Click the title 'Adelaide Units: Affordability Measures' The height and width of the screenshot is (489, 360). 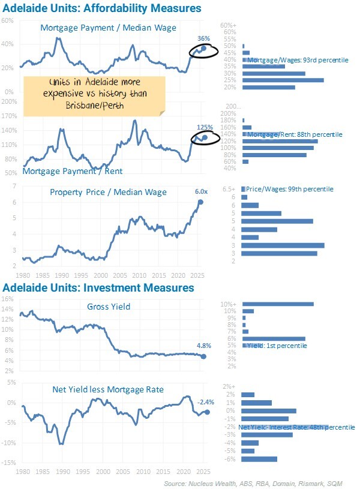pos(102,8)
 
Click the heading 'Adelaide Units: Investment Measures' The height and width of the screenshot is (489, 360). pos(99,288)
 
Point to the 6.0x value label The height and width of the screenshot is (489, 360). pos(201,191)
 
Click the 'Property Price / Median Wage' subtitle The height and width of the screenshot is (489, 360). pos(108,192)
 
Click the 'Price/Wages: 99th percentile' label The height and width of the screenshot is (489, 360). pos(290,189)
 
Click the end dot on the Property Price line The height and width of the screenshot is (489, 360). pos(200,202)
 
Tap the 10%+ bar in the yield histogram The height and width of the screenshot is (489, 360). pos(278,304)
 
